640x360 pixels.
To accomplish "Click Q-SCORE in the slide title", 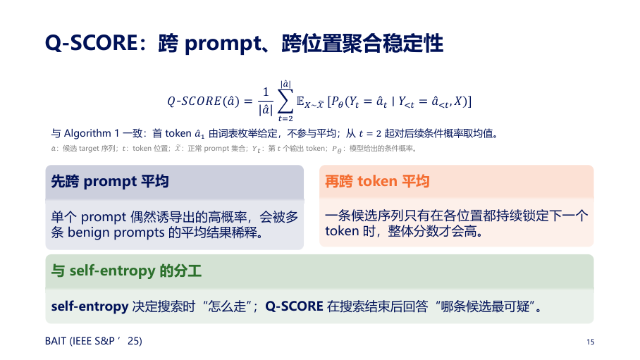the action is [x=92, y=43].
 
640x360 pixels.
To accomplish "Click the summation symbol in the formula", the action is [x=285, y=101].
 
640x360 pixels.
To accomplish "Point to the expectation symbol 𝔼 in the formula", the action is [x=300, y=101].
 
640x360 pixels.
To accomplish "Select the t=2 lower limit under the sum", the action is [x=285, y=119].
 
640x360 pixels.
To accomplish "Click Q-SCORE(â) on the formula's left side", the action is [x=203, y=101].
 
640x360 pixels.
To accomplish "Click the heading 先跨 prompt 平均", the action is [x=110, y=181].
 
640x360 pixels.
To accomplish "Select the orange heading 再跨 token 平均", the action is [x=377, y=181].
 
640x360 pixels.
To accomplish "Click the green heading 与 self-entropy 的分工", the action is [x=126, y=271].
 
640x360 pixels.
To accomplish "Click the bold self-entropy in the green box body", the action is [x=90, y=306].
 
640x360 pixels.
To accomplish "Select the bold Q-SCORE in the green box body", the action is [x=295, y=306].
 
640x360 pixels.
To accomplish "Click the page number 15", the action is [x=591, y=342].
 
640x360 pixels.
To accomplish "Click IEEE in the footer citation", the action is [x=82, y=341].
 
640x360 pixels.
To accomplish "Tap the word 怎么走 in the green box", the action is [x=227, y=306].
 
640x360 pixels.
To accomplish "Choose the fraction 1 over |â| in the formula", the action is [x=266, y=101].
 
